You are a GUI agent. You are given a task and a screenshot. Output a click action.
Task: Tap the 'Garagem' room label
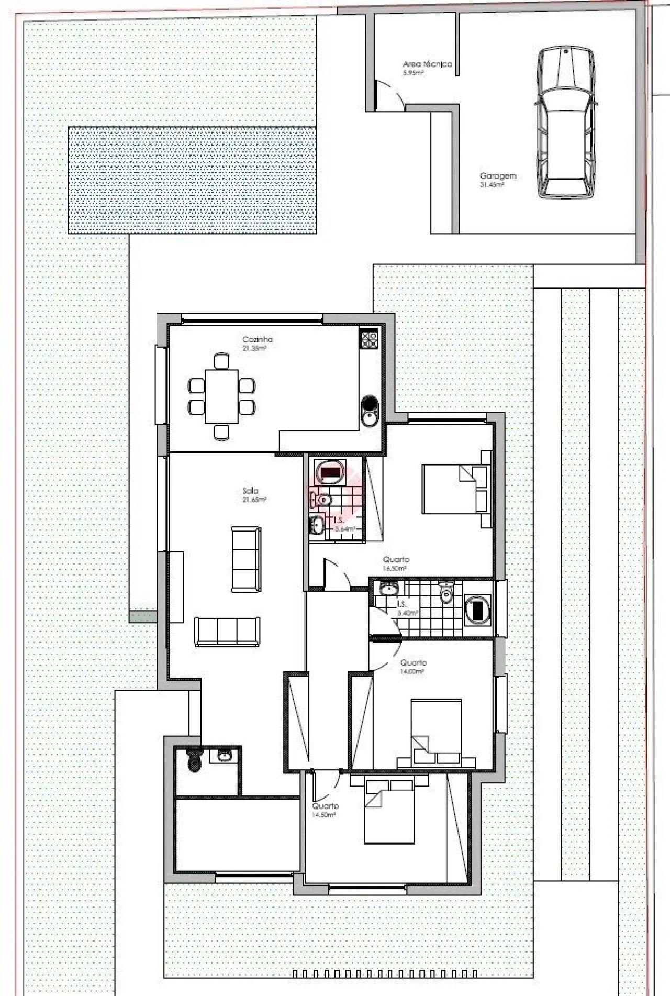pyautogui.click(x=497, y=176)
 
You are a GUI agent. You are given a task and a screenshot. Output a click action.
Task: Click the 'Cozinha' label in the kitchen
pyautogui.click(x=258, y=339)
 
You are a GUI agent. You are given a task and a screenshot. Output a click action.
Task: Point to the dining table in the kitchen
pyautogui.click(x=221, y=396)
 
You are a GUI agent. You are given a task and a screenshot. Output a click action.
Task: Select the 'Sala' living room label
pyautogui.click(x=250, y=491)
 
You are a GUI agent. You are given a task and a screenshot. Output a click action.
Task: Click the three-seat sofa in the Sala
pyautogui.click(x=227, y=632)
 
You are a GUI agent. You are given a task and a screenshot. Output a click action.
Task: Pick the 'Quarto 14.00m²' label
pyautogui.click(x=414, y=663)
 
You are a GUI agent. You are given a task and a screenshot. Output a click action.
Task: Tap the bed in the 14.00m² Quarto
pyautogui.click(x=436, y=731)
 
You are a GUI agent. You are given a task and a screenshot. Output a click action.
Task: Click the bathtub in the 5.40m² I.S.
pyautogui.click(x=477, y=610)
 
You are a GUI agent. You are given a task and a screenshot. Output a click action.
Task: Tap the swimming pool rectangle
pyautogui.click(x=192, y=180)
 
